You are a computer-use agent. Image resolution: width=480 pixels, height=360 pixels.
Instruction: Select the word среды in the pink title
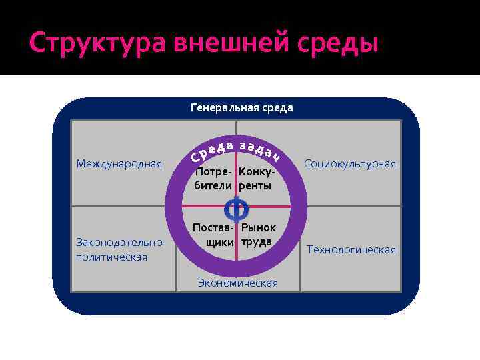tap(340, 43)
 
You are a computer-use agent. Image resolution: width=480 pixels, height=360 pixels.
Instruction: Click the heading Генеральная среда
tap(241, 107)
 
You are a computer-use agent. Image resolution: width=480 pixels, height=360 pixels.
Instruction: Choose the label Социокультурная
tap(349, 164)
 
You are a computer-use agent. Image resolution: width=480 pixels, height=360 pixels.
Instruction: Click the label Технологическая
tap(351, 249)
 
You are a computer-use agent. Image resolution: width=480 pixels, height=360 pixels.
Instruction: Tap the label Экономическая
tap(237, 283)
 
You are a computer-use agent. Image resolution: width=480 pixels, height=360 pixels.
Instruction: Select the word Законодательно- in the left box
tap(121, 243)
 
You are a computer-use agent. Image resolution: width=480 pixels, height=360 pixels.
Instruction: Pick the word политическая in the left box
tap(112, 257)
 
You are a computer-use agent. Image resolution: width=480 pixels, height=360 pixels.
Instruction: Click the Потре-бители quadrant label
tap(213, 179)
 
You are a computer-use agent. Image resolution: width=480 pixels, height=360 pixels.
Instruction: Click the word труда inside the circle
tap(257, 241)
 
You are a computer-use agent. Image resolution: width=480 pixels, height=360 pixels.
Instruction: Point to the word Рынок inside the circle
tap(259, 227)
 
